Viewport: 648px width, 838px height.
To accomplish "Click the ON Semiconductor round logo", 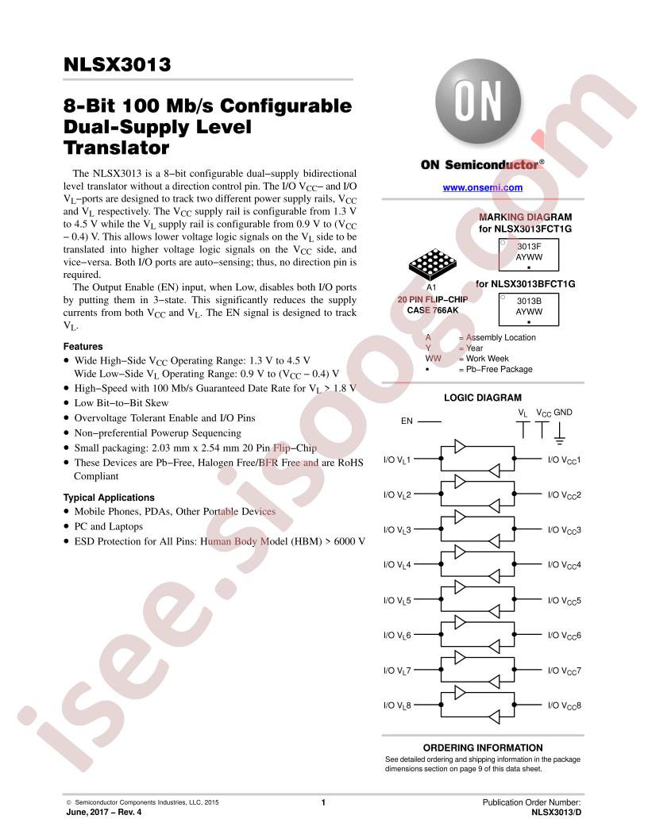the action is click(477, 102).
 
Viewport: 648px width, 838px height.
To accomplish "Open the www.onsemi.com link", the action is click(482, 187).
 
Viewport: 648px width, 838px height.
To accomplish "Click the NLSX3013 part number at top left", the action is click(117, 64).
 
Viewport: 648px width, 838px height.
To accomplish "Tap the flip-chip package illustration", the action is click(433, 264).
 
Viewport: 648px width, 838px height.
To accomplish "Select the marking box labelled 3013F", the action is click(529, 255).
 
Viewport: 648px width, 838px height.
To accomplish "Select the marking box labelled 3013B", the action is click(529, 309).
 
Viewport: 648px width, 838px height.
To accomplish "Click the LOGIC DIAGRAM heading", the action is click(482, 398).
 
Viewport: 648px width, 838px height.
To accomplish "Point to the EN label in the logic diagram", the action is click(407, 421).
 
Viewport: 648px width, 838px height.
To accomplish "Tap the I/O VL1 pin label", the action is click(397, 459).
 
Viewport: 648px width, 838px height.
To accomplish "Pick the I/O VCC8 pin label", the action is click(564, 705).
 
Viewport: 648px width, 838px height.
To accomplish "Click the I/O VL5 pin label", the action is click(397, 601).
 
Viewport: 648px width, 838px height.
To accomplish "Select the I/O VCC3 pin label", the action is click(564, 530).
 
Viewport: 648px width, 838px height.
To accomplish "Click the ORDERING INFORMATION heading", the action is click(483, 748).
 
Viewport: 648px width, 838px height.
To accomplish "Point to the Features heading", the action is click(83, 346).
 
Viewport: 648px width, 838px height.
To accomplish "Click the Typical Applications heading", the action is click(109, 498).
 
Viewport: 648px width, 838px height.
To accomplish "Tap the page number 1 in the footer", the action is click(323, 802).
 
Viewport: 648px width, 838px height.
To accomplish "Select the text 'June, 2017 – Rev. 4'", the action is click(104, 813).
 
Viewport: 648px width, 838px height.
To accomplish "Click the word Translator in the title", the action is click(116, 148).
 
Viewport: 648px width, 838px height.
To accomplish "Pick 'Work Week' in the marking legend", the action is click(487, 359).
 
